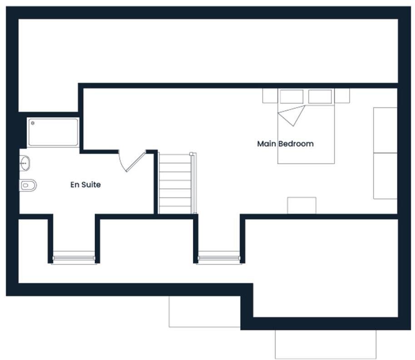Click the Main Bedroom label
pyautogui.click(x=285, y=144)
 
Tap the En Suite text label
pyautogui.click(x=85, y=185)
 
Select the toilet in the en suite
pyautogui.click(x=28, y=185)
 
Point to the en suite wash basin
pyautogui.click(x=25, y=163)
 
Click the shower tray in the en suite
pyautogui.click(x=53, y=132)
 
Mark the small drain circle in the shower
pyautogui.click(x=33, y=123)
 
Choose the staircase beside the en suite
pyautogui.click(x=175, y=183)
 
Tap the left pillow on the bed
pyautogui.click(x=291, y=97)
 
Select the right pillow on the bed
pyautogui.click(x=320, y=97)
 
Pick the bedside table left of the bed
pyautogui.click(x=270, y=95)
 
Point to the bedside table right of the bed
pyautogui.click(x=342, y=95)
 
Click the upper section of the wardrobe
pyautogui.click(x=385, y=130)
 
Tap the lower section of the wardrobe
pyautogui.click(x=385, y=176)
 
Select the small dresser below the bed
pyautogui.click(x=301, y=205)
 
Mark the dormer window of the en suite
pyautogui.click(x=74, y=258)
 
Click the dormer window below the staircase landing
pyautogui.click(x=219, y=258)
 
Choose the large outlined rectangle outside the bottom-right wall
pyautogui.click(x=325, y=344)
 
